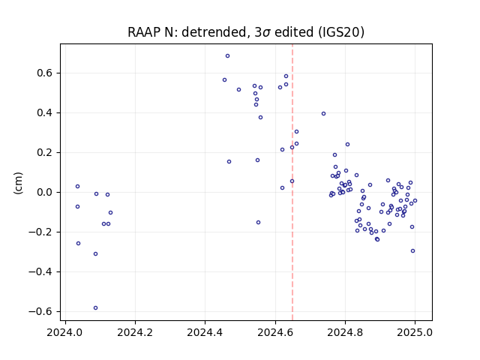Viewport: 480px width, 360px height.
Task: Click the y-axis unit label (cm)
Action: (18, 183)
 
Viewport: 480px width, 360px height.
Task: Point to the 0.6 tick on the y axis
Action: (44, 73)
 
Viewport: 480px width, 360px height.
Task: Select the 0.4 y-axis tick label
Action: (44, 113)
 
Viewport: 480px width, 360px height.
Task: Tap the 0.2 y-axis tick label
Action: (44, 152)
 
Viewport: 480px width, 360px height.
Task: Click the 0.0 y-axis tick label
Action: (44, 192)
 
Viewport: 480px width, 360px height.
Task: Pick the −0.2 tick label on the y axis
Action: (40, 232)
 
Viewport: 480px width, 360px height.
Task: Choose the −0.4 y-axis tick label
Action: (40, 271)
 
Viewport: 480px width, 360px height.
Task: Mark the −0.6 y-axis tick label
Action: (40, 311)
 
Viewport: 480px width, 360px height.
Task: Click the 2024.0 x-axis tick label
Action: (65, 332)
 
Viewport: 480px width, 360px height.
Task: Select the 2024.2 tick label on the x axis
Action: (135, 332)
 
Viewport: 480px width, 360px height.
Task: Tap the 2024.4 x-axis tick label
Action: (205, 332)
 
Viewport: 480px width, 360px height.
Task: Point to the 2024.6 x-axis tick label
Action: (275, 332)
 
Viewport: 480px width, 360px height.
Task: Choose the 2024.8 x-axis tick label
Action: (345, 332)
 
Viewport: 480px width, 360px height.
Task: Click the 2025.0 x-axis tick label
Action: (415, 332)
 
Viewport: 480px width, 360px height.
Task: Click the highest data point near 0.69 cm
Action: (227, 56)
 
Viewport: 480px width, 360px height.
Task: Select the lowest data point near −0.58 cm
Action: (95, 308)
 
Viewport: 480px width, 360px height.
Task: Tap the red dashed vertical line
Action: (292, 182)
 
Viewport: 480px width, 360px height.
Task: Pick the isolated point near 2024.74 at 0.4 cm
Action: (323, 113)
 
